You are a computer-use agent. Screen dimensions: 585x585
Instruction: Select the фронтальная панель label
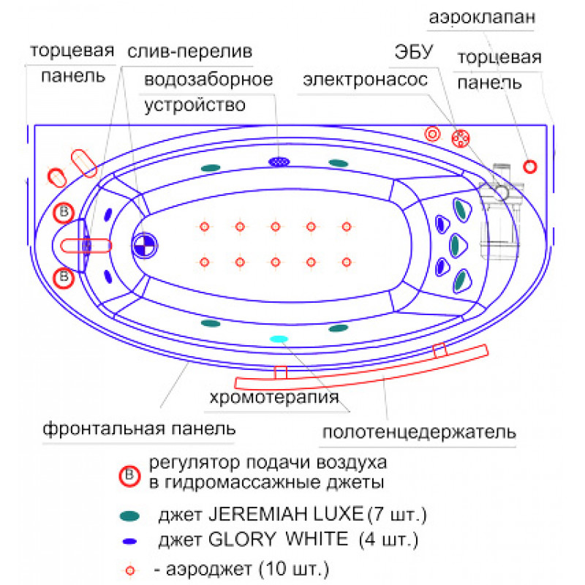click(x=139, y=427)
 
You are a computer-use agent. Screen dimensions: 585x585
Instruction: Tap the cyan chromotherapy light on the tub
click(x=279, y=339)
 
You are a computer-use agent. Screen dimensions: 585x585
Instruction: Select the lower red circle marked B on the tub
click(x=65, y=277)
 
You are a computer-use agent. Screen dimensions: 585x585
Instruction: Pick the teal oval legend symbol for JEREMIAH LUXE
click(x=130, y=516)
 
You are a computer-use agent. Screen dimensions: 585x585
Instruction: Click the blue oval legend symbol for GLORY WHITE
click(x=131, y=542)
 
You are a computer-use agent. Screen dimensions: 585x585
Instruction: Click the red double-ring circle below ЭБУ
click(x=432, y=134)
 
